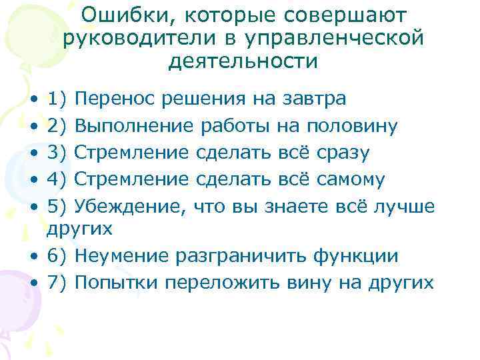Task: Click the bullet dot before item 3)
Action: tap(33, 151)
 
